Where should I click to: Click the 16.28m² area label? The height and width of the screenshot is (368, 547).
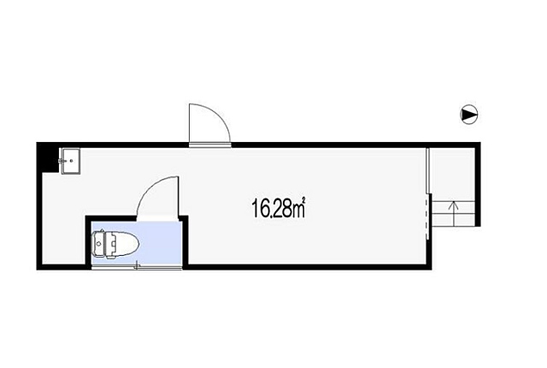coord(279,208)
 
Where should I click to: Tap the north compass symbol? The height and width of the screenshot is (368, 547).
coord(469,115)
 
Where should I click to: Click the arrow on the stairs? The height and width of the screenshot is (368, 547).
coord(454,213)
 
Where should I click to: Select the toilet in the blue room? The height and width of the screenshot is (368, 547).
coord(115,245)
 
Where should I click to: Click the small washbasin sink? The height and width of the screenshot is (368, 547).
coord(70,161)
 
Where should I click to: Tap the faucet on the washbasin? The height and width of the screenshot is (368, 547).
coord(62,161)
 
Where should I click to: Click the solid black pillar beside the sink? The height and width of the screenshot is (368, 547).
coord(49,159)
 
